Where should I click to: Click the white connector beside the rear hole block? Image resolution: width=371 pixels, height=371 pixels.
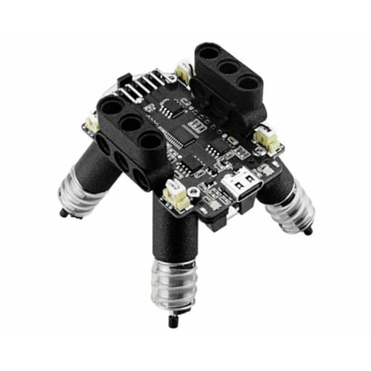(x=182, y=72)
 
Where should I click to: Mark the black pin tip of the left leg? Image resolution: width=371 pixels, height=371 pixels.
(x=62, y=213)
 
